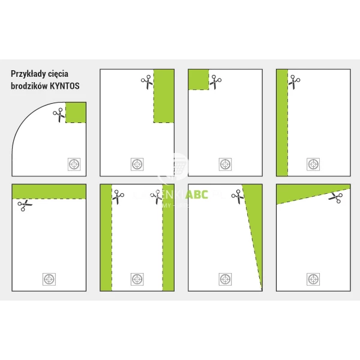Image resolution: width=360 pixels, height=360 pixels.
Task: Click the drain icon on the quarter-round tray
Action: (x=74, y=164)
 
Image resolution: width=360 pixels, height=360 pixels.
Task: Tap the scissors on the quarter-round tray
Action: (x=59, y=115)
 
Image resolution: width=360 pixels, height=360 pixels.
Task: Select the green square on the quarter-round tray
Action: (x=76, y=112)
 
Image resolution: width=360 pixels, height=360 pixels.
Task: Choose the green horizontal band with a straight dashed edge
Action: (x=49, y=191)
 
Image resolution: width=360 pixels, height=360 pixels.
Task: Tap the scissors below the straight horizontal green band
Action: (x=25, y=205)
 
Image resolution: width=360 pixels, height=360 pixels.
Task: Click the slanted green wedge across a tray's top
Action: (x=312, y=192)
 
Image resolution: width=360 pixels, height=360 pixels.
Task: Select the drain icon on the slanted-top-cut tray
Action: (x=313, y=278)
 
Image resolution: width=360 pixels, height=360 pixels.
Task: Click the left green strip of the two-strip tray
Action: (x=106, y=238)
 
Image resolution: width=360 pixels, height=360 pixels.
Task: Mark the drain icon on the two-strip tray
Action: (x=137, y=278)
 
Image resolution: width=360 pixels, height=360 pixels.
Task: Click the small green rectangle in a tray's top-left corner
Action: (x=199, y=80)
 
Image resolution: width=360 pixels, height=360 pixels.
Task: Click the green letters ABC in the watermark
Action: (x=197, y=196)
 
